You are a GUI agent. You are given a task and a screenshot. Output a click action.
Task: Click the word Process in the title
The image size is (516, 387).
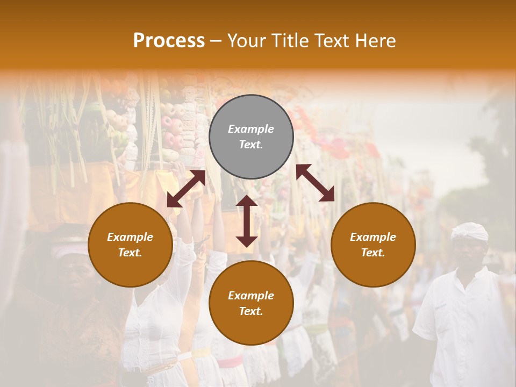tap(169, 40)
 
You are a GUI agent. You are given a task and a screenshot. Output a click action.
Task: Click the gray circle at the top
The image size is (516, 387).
tap(251, 137)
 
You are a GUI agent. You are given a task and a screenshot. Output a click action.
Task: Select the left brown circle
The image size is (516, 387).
tap(130, 245)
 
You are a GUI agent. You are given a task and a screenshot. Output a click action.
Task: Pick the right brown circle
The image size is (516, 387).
tap(373, 245)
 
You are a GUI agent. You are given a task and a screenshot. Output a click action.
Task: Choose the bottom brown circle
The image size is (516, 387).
tap(251, 303)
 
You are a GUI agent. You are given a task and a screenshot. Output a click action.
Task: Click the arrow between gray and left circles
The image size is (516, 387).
tap(186, 189)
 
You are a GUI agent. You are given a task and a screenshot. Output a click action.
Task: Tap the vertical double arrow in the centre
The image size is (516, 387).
tap(247, 221)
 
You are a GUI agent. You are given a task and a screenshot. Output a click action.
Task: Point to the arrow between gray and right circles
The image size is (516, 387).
tap(316, 183)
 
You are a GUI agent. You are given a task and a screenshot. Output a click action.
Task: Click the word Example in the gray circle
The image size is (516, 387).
tap(251, 129)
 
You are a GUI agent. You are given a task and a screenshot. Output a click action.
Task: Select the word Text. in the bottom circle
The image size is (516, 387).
tap(251, 311)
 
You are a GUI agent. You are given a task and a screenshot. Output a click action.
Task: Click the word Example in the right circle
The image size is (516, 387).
tap(373, 237)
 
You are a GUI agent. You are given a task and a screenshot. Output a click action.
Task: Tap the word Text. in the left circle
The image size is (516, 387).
tap(130, 253)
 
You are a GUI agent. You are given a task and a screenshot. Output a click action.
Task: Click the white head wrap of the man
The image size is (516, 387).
tap(469, 232)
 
